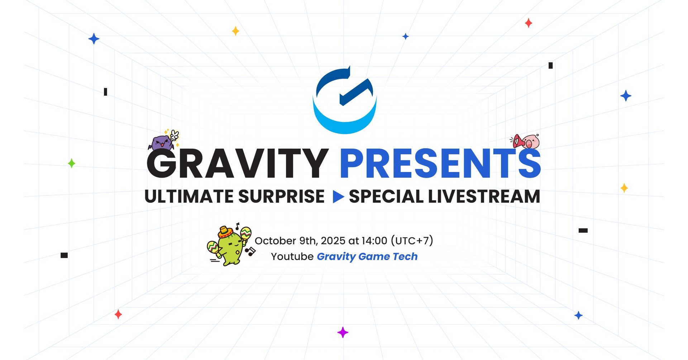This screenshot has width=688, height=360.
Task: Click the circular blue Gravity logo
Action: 345,122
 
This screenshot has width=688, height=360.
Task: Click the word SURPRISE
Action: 281,197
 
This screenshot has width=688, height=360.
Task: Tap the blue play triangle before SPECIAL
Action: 338,197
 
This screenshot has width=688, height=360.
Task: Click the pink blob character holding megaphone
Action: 530,142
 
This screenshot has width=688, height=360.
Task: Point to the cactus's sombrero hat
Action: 225,231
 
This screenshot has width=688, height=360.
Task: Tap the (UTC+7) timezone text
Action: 412,241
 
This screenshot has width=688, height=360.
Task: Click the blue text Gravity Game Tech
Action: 367,256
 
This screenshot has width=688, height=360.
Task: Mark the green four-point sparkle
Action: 72,163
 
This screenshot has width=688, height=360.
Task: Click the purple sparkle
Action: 343,332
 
